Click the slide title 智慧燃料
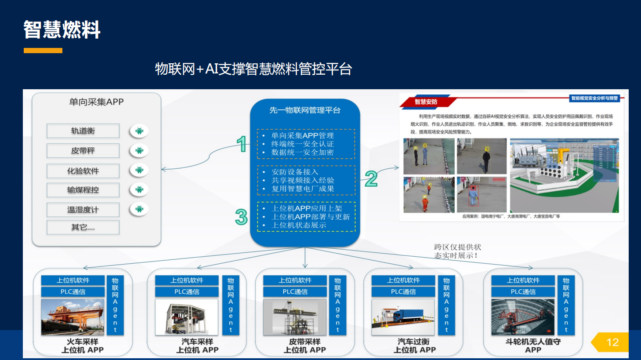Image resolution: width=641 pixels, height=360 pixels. tap(62, 30)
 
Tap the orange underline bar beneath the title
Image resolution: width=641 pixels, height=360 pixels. tap(43, 51)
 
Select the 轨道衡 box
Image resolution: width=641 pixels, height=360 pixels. tap(83, 131)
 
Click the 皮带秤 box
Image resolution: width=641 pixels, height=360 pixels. tap(83, 151)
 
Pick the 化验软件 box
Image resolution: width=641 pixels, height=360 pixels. tap(83, 171)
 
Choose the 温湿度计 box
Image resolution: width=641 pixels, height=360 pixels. tap(83, 210)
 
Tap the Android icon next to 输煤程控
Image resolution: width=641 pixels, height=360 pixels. tap(139, 190)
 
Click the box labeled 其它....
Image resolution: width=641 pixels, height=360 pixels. tap(83, 227)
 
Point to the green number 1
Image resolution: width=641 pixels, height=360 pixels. tap(241, 144)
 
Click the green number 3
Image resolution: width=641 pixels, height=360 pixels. tap(241, 217)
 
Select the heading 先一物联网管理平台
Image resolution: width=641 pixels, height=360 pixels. tap(305, 110)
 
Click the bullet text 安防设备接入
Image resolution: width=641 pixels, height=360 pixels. tap(295, 172)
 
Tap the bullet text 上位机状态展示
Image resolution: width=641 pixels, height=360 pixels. tap(299, 225)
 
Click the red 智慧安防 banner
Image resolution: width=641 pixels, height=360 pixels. tap(425, 102)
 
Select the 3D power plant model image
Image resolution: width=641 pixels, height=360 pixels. tap(564, 175)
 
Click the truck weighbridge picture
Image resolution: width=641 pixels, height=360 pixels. tap(403, 317)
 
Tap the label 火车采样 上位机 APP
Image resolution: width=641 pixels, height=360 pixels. tap(83, 346)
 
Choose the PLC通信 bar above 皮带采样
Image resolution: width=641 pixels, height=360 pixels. tap(295, 292)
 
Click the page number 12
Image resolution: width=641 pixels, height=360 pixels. tap(612, 342)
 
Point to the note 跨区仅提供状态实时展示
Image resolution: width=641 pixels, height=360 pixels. tap(457, 251)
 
